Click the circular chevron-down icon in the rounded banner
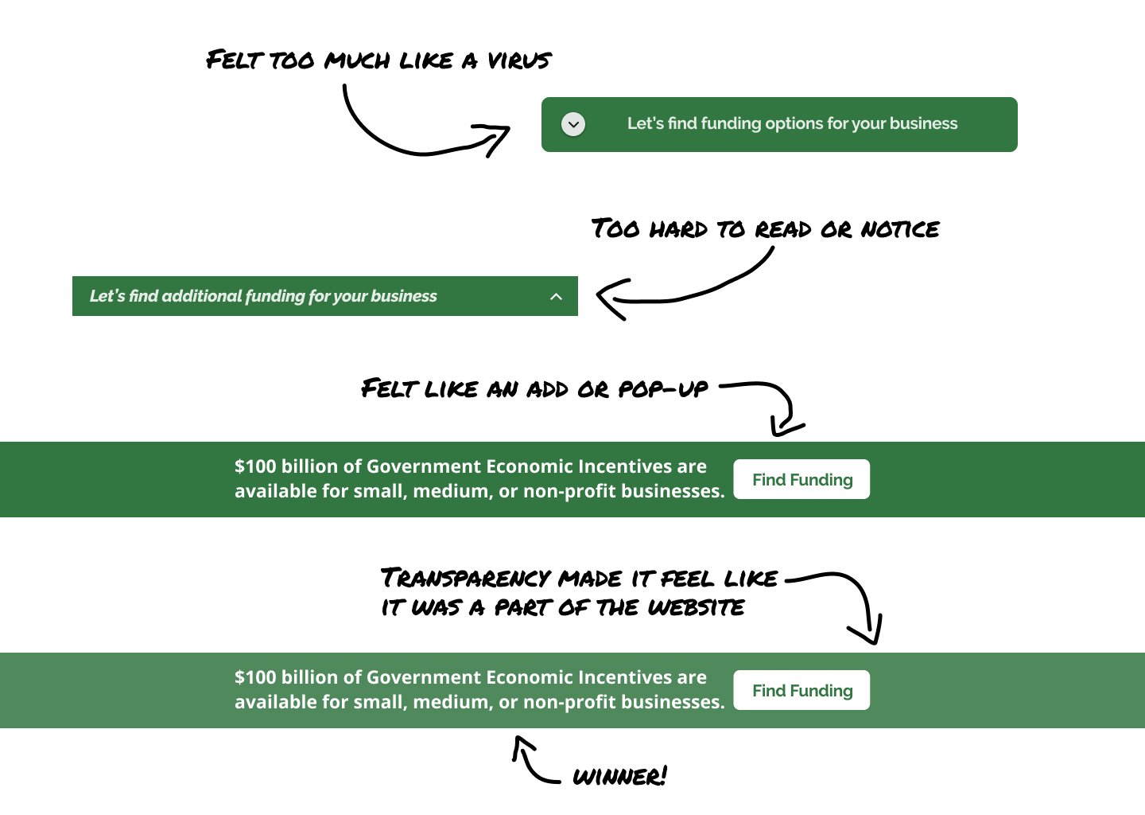[x=573, y=124]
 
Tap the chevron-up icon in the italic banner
[x=556, y=297]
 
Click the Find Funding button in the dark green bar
[x=801, y=479]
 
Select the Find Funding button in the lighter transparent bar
[x=801, y=690]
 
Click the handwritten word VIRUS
[x=519, y=60]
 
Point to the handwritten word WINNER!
[x=619, y=777]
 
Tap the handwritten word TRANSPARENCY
[x=466, y=578]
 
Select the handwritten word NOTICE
[x=900, y=230]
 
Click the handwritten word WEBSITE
[x=696, y=608]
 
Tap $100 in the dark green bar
[x=255, y=466]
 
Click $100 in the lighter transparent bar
[x=255, y=677]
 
